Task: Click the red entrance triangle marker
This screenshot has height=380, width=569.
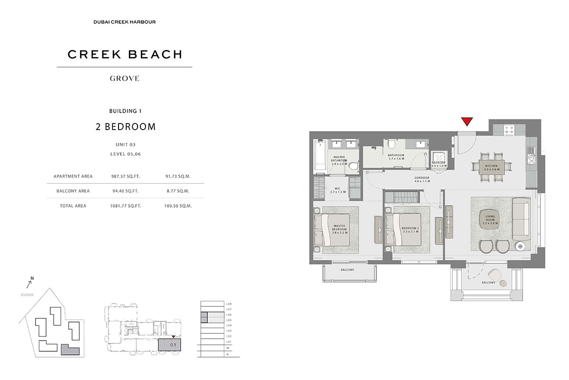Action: [467, 122]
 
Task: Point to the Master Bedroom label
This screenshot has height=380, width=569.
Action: [339, 229]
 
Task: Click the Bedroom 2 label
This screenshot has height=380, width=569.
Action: [410, 230]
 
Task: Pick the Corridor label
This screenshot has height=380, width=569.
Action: [422, 179]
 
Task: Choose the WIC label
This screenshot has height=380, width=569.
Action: [338, 190]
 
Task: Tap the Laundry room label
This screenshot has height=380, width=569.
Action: [439, 164]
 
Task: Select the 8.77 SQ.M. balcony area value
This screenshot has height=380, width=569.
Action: [179, 191]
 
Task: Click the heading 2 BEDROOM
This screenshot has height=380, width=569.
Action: [125, 127]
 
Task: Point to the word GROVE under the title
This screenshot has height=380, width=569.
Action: [125, 78]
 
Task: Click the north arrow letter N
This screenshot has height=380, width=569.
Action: [32, 278]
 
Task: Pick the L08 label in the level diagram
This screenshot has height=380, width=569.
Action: [229, 304]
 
